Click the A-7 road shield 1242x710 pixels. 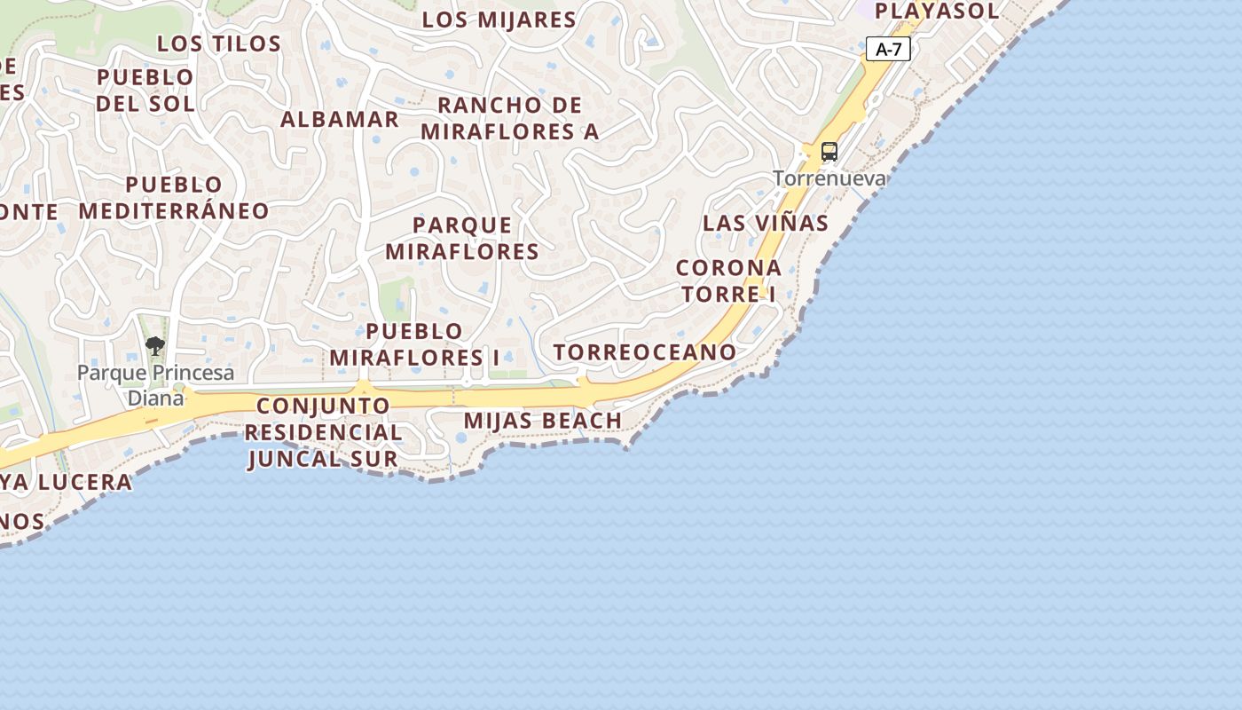[x=888, y=50]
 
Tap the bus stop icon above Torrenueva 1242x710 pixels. [x=829, y=152]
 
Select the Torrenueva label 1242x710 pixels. [x=829, y=178]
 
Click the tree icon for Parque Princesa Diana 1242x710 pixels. [x=155, y=346]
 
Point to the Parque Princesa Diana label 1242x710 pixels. [x=155, y=384]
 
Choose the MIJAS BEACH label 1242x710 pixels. [x=543, y=420]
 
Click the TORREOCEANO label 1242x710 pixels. [x=645, y=352]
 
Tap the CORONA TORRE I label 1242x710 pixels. [x=728, y=280]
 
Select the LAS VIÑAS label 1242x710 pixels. [x=766, y=223]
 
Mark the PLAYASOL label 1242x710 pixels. [x=937, y=12]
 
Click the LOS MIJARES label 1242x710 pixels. [x=499, y=20]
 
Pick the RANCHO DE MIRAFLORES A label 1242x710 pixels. [x=510, y=118]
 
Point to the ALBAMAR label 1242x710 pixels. [x=340, y=120]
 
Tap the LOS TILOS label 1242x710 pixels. [x=219, y=43]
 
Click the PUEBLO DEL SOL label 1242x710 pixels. [x=145, y=90]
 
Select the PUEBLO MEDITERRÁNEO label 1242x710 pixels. [x=174, y=197]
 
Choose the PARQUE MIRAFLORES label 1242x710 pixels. [x=462, y=238]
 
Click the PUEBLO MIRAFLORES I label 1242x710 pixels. [x=414, y=344]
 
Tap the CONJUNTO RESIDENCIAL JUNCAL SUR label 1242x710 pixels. [x=323, y=432]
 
